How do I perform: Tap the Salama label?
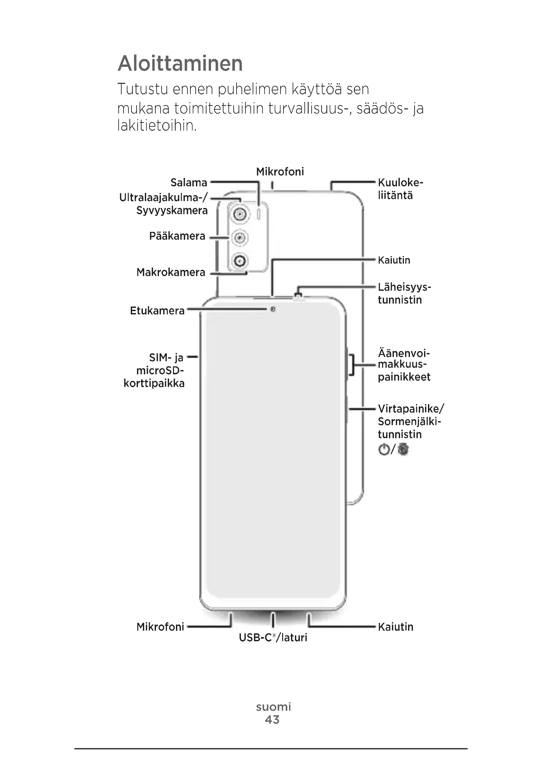tap(188, 182)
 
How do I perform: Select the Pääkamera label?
tap(177, 236)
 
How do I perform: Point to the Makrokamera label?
tap(170, 272)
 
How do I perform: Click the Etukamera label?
tap(157, 310)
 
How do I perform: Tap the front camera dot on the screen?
tap(273, 309)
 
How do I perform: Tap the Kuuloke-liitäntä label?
tap(400, 189)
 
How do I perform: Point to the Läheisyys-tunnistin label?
tap(404, 293)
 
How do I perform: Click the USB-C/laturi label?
tap(273, 637)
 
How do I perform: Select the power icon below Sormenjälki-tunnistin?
tap(384, 449)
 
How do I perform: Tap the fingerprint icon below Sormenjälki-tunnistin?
tap(403, 449)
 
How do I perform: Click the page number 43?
tap(272, 719)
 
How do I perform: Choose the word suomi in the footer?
tap(273, 707)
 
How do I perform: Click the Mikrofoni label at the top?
tap(280, 172)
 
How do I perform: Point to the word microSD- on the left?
tap(160, 370)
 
